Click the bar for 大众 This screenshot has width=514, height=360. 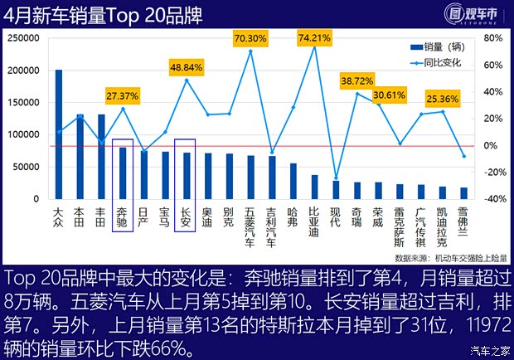pos(59,134)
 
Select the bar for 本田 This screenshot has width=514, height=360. pos(80,157)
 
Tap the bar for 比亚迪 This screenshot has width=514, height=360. pos(314,187)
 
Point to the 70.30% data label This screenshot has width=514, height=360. pos(250,38)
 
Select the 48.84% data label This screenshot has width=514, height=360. pos(187,66)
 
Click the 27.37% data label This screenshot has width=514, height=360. pos(123,95)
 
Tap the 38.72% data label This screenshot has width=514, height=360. pos(357,80)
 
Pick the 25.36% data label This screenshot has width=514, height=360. pos(443,99)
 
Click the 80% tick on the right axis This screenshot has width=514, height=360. pos(492,38)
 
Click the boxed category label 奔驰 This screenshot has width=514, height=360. pos(123,217)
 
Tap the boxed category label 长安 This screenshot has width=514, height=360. pos(187,217)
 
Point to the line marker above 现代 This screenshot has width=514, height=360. pos(336,178)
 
